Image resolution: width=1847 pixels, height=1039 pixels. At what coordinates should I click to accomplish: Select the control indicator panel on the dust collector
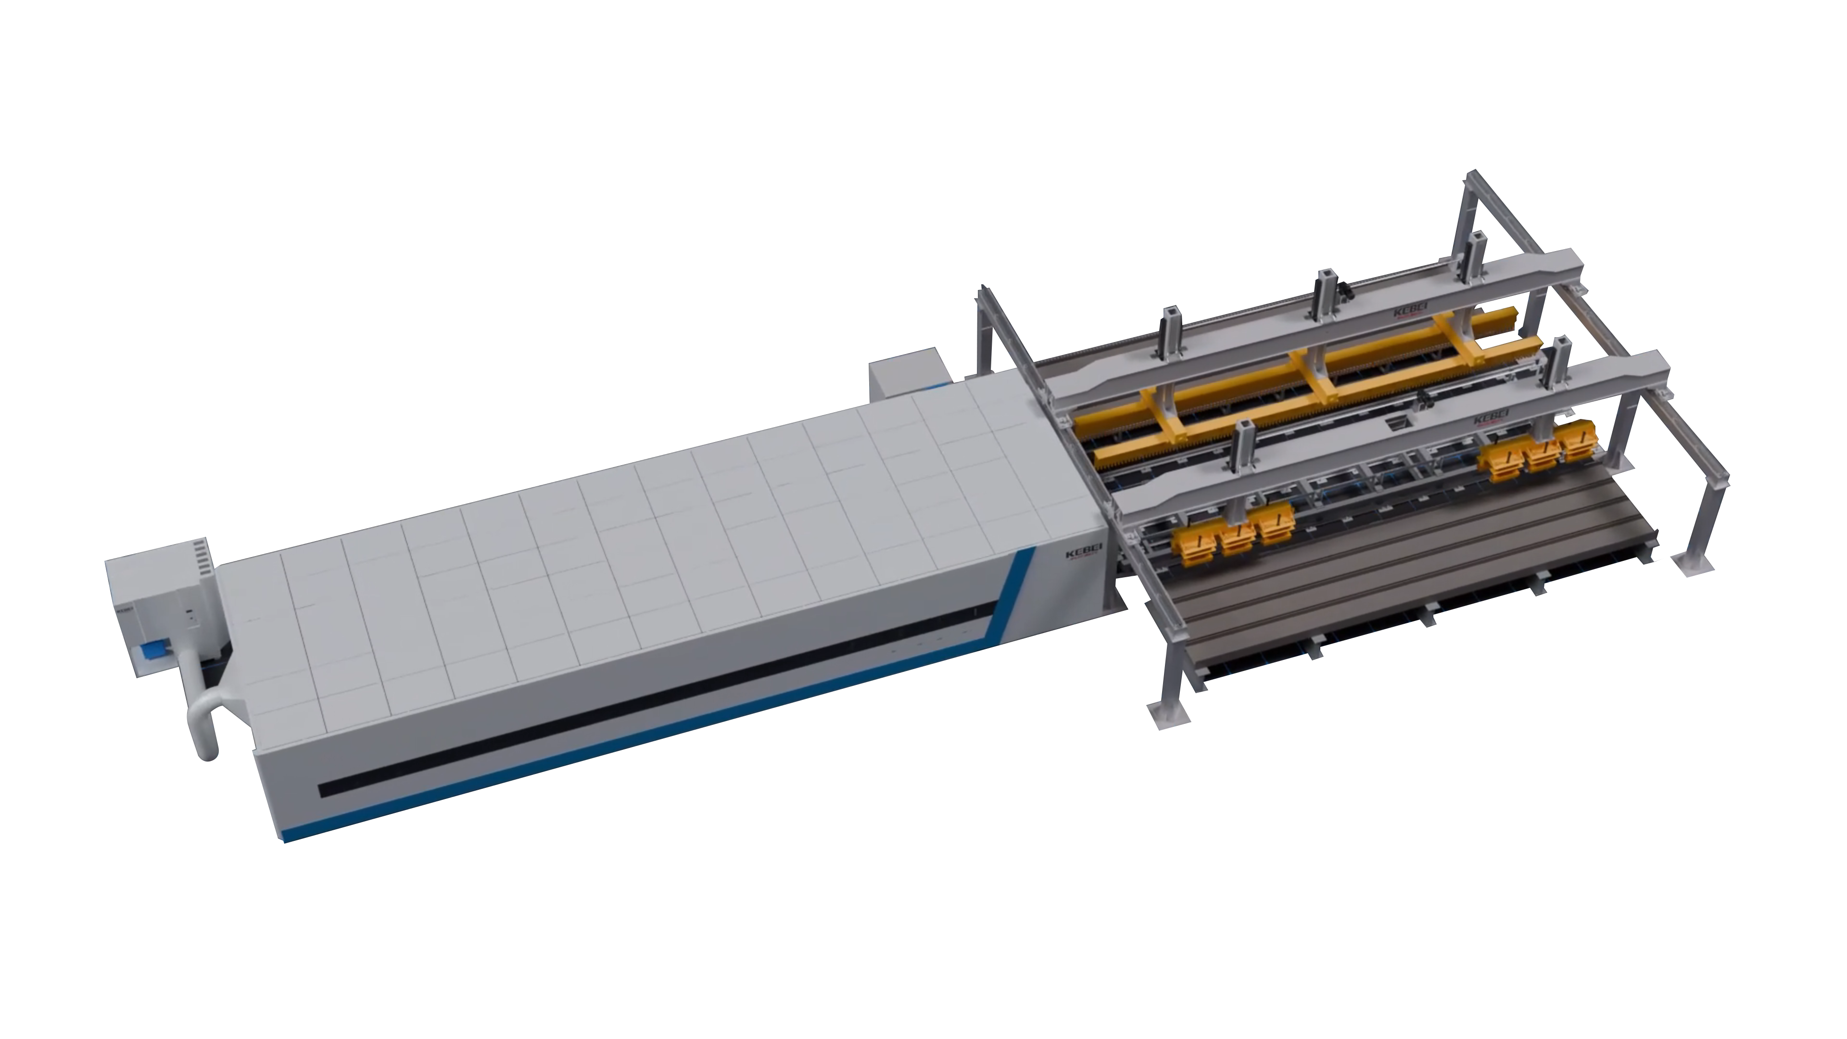(x=190, y=617)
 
